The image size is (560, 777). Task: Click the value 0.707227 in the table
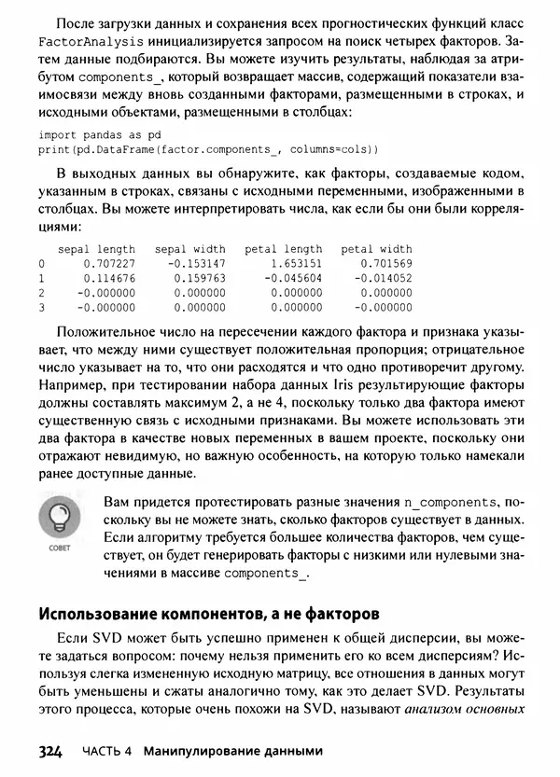[110, 264]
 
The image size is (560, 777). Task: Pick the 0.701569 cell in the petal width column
[384, 264]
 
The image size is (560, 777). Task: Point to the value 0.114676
[110, 278]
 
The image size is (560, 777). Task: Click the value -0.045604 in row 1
[292, 278]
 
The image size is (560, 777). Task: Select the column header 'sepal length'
[96, 249]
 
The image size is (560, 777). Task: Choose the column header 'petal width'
[376, 249]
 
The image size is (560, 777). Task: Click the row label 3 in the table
[42, 306]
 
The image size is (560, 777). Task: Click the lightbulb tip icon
[59, 518]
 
